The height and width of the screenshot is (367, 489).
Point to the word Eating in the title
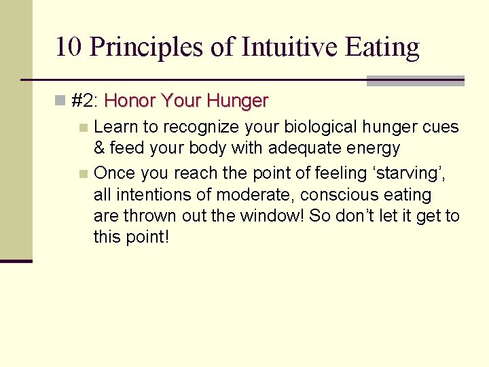tap(382, 48)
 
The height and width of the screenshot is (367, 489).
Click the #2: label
tap(86, 102)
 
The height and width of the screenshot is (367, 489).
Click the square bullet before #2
tap(61, 102)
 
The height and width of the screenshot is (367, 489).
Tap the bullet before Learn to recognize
tap(83, 127)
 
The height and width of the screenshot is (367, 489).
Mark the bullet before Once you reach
tap(83, 174)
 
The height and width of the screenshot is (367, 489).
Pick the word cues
tap(441, 127)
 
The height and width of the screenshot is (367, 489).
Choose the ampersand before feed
tap(99, 148)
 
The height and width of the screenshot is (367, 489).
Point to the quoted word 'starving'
tap(410, 173)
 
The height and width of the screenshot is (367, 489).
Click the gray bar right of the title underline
tap(415, 81)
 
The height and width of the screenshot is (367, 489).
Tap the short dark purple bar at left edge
tap(16, 260)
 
